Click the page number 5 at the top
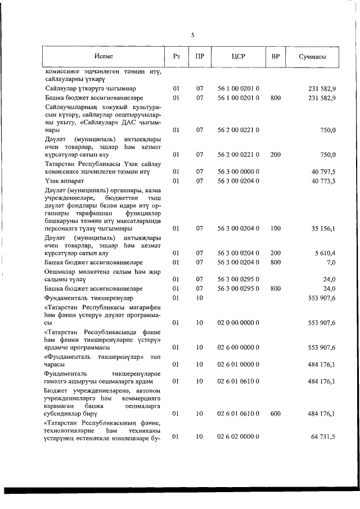point(192,35)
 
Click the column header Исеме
point(103,56)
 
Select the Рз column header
point(176,56)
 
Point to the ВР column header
point(275,56)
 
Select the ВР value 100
point(275,229)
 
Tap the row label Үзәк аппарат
point(65,181)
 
